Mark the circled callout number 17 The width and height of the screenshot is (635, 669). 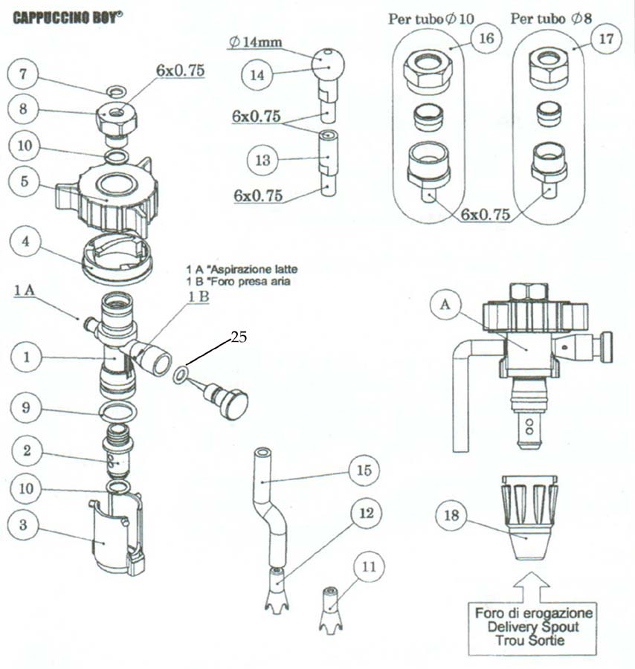click(606, 39)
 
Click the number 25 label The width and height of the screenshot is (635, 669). click(238, 337)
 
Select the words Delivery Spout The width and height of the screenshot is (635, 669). click(533, 627)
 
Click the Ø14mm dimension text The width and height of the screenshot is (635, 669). click(255, 42)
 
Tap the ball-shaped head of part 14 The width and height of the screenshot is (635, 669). click(326, 60)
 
